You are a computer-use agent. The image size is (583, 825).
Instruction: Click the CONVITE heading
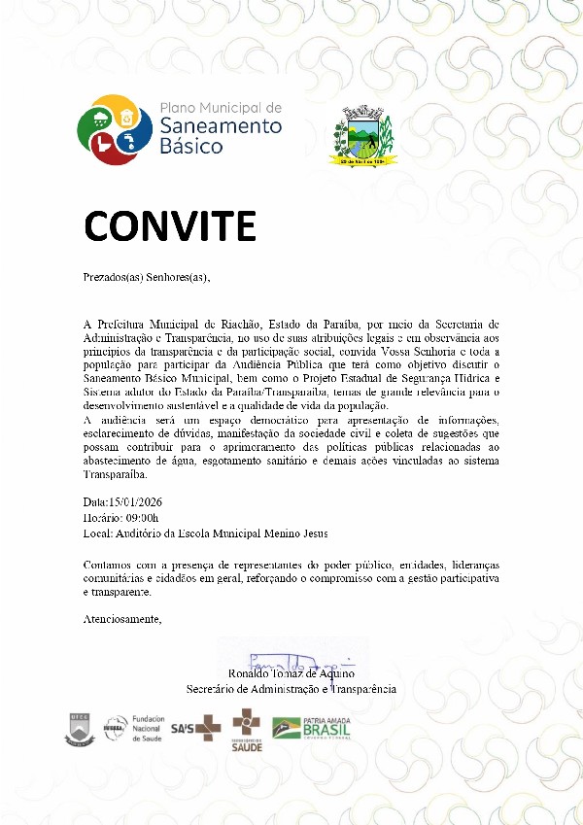tap(169, 225)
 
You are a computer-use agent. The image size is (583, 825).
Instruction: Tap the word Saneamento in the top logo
tap(220, 126)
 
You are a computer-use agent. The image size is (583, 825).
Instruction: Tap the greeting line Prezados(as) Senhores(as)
tap(147, 277)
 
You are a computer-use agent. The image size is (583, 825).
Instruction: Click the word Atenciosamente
tap(122, 619)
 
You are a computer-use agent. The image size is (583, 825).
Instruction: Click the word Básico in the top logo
tap(190, 147)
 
